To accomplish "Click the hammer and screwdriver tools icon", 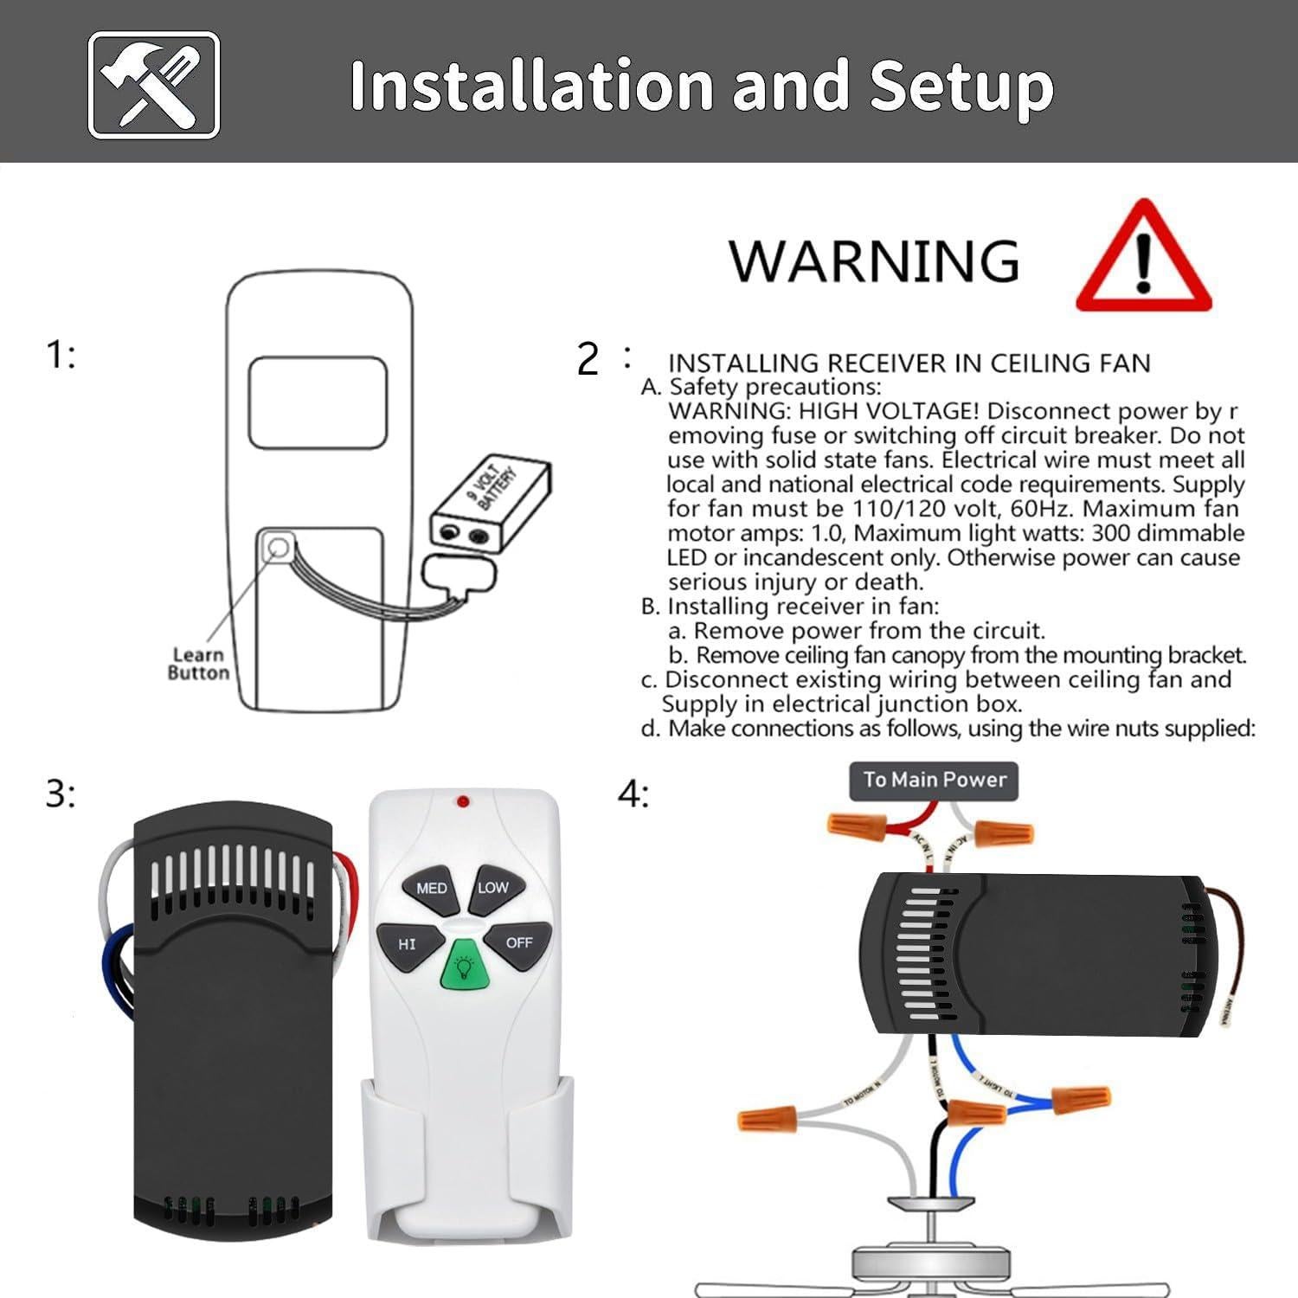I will pos(154,85).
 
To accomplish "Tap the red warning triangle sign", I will pos(1143,257).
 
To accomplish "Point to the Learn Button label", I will pos(198,664).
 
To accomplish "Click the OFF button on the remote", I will pos(518,942).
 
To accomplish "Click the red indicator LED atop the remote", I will pos(463,802).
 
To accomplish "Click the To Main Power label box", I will pos(935,780).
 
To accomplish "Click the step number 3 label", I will pos(61,794).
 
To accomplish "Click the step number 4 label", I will pos(633,794).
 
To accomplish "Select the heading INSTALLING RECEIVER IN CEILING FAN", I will pos(909,363).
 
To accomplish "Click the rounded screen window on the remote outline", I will pos(318,402).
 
